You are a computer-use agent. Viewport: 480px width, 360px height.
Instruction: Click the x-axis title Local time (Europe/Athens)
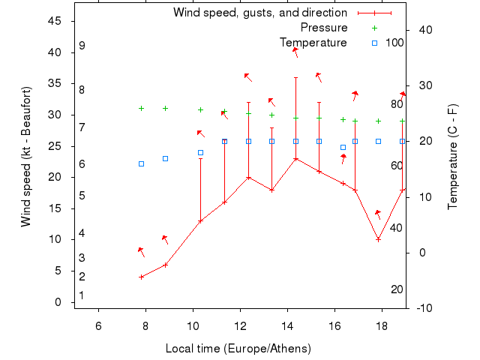point(238,349)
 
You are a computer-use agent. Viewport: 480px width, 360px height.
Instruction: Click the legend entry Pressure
point(323,28)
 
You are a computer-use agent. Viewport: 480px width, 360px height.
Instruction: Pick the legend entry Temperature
point(313,42)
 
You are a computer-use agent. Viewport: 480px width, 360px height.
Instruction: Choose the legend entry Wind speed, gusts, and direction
point(259,13)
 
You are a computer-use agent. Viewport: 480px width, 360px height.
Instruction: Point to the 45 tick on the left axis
point(55,21)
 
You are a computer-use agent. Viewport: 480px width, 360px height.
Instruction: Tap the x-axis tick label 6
point(98,325)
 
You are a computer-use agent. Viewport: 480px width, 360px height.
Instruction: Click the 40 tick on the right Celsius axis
point(425,30)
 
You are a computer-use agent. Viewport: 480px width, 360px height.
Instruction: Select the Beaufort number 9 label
point(82,46)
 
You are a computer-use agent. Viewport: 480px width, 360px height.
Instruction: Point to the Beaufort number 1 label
point(81,295)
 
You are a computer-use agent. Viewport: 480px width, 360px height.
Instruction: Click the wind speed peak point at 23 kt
point(295,158)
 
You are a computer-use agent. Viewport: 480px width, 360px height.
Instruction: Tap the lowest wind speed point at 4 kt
point(141,277)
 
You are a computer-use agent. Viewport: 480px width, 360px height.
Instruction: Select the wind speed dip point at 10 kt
point(379,239)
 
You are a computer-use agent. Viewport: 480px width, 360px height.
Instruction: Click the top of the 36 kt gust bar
point(295,77)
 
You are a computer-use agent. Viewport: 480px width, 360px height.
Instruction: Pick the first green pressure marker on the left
point(141,108)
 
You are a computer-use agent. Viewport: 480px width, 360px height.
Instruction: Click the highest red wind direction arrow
point(295,51)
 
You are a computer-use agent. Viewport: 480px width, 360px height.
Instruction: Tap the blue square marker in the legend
point(374,43)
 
